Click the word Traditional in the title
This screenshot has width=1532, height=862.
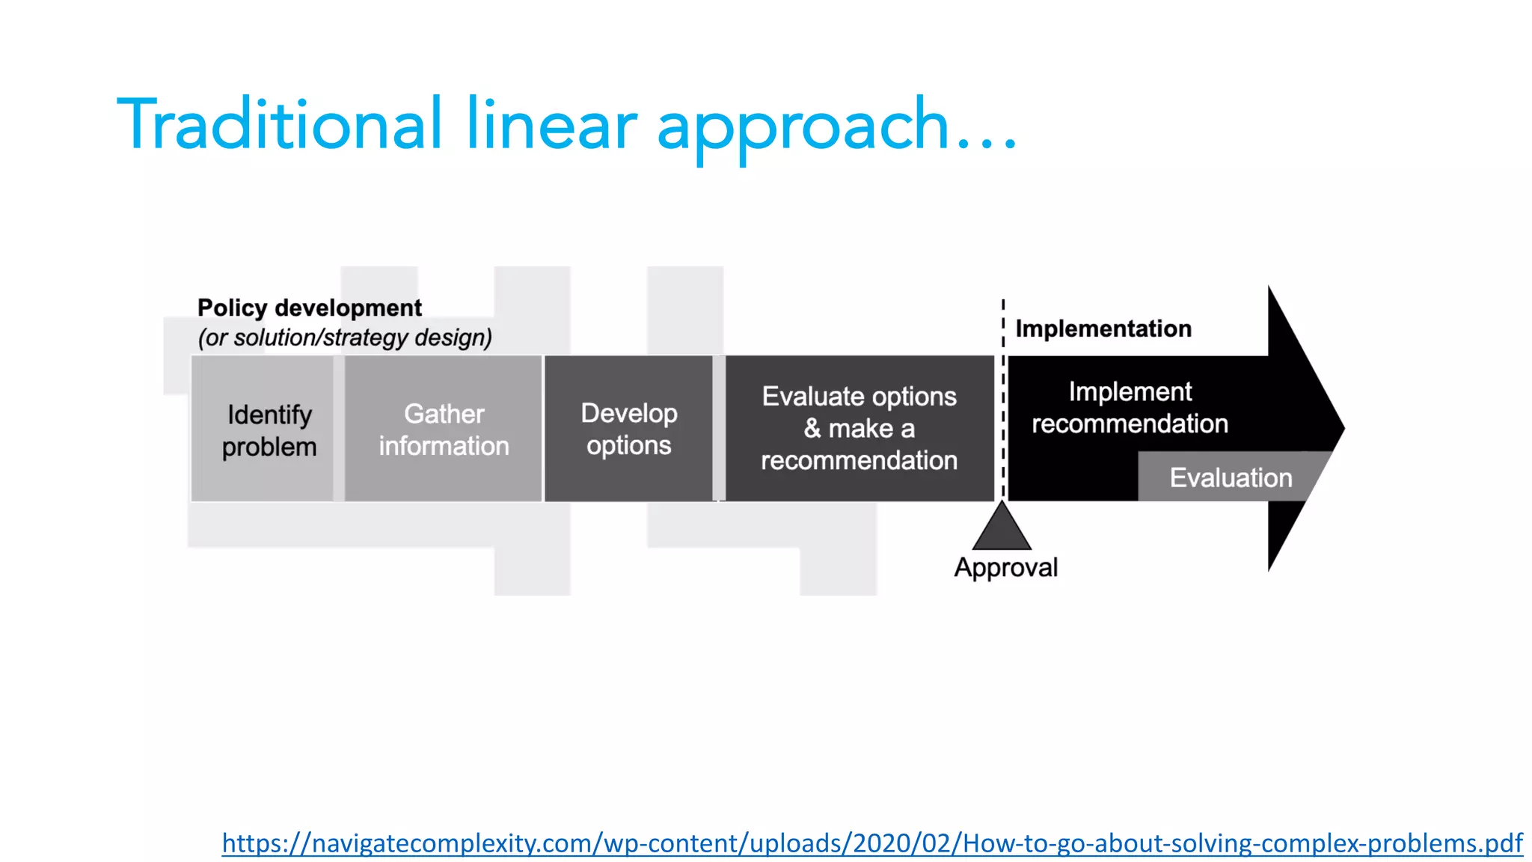280,124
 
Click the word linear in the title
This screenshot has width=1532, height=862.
552,124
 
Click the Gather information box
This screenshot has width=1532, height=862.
444,430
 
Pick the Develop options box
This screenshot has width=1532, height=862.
628,430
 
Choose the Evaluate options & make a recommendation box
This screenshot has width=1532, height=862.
860,428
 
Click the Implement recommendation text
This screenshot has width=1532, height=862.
1130,408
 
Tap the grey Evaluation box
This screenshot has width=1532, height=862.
1231,477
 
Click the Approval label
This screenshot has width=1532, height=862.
1005,567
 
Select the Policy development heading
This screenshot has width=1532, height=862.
310,308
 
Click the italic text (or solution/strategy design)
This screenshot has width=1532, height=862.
345,337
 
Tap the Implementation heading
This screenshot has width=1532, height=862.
1103,328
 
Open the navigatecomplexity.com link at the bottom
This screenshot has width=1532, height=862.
872,843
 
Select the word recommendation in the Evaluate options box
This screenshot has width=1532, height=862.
860,460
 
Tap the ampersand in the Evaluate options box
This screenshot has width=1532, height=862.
812,429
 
